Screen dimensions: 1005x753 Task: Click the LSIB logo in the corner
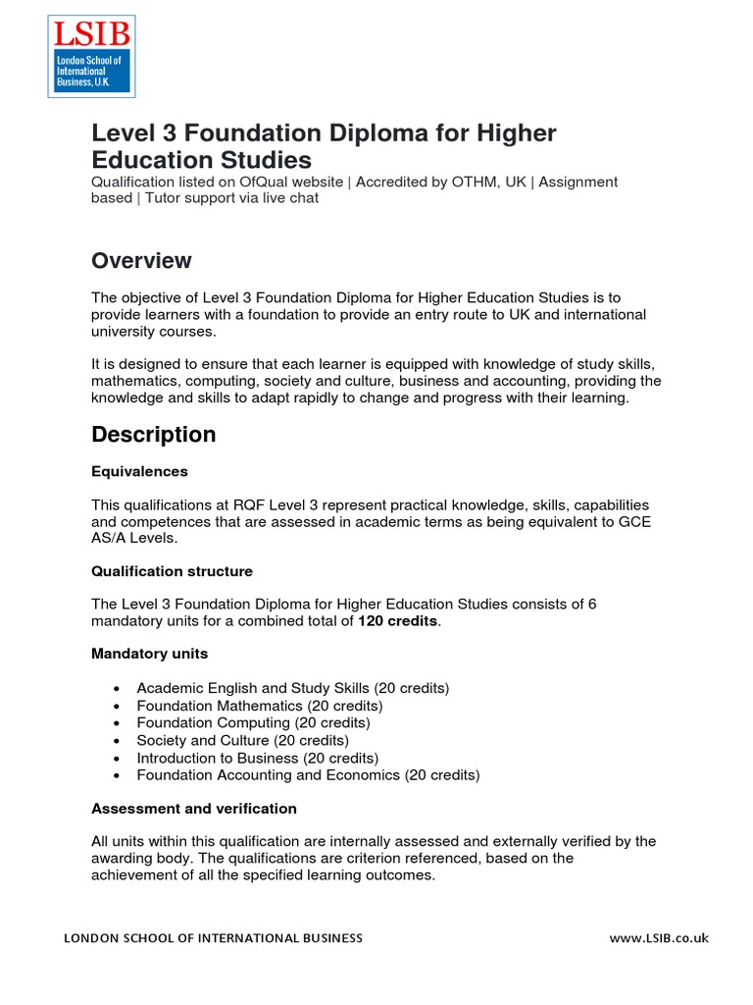click(x=91, y=56)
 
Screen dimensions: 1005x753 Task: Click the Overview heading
click(x=141, y=261)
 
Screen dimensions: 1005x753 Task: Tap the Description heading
click(x=153, y=434)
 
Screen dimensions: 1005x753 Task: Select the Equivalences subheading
click(x=139, y=471)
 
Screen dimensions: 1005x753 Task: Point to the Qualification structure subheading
click(x=172, y=571)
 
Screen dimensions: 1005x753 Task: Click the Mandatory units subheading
click(x=149, y=654)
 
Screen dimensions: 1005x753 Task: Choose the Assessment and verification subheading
click(x=193, y=809)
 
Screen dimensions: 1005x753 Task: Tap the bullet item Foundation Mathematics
click(x=259, y=706)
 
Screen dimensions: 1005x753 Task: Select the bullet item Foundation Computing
click(x=253, y=723)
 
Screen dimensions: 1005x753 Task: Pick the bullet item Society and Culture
click(x=242, y=741)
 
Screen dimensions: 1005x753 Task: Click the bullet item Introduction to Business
click(x=257, y=758)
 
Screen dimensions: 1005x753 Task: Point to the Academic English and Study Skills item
click(x=292, y=689)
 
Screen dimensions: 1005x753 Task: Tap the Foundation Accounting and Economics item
click(x=308, y=775)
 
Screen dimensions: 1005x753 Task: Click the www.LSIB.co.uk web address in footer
click(x=659, y=938)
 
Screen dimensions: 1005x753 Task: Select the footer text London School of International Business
click(x=213, y=938)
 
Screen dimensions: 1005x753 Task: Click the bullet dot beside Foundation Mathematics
click(x=117, y=707)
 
